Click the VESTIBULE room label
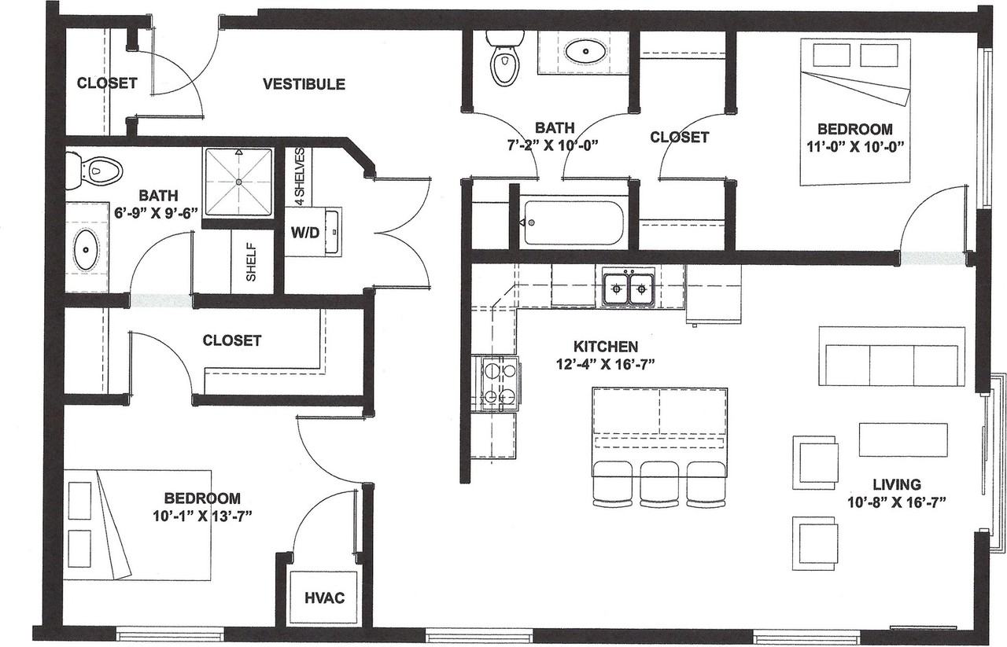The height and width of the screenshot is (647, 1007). tap(304, 84)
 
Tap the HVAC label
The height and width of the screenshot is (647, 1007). tap(324, 597)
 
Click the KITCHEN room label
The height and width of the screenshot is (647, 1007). tap(605, 346)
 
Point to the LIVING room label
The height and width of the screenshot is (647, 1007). tap(896, 484)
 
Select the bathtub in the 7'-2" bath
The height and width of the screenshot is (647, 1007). tap(574, 222)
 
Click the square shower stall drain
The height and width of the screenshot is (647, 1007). tap(238, 182)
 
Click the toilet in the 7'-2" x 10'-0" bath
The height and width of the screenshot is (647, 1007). tap(503, 58)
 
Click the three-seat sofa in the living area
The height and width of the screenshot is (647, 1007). tap(891, 356)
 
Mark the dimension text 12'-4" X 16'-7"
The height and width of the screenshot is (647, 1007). tap(605, 363)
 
